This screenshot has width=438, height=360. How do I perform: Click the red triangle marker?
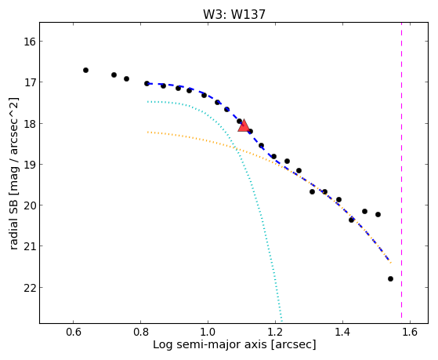(244, 125)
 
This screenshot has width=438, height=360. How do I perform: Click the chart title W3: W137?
(233, 15)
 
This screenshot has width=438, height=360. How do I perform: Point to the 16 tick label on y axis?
(29, 42)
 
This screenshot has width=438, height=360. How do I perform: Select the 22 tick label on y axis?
(29, 288)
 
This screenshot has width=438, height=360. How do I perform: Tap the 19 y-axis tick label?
(29, 165)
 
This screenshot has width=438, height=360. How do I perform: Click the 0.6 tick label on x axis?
(73, 332)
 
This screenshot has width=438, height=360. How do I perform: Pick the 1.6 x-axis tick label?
(410, 332)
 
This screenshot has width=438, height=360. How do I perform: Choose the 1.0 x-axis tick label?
(208, 332)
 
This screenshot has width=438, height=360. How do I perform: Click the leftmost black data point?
(85, 71)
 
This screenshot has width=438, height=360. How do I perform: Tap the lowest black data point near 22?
(390, 279)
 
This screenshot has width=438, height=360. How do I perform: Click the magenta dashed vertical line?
(402, 170)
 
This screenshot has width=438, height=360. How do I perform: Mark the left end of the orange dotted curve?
(147, 132)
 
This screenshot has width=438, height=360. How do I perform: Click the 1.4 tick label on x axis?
(342, 332)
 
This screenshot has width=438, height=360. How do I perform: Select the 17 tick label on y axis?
(29, 82)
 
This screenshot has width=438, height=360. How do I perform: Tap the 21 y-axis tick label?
(29, 246)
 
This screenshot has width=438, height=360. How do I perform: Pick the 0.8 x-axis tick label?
(140, 332)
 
